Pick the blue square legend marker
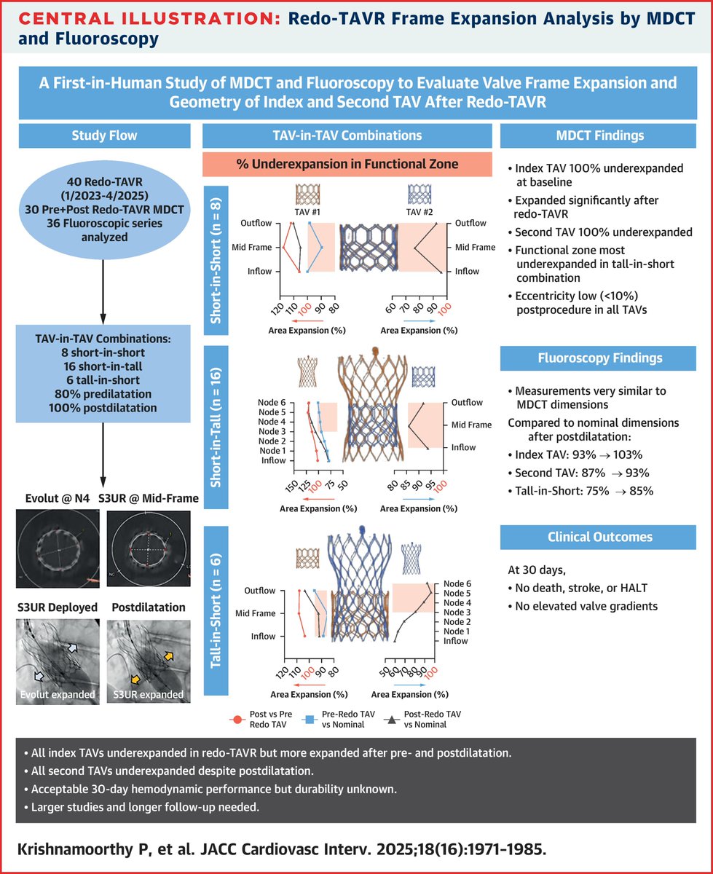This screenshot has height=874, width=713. (310, 720)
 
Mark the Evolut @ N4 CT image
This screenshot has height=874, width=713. (56, 548)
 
